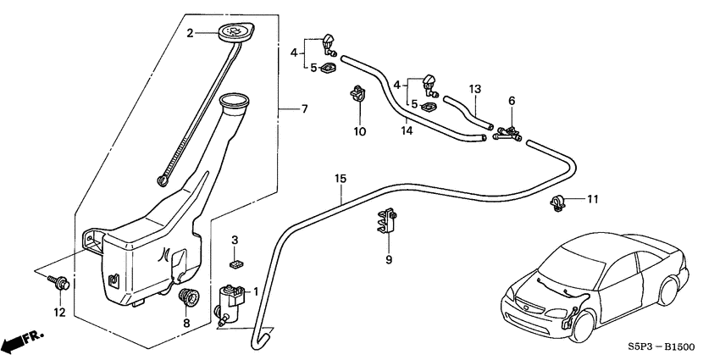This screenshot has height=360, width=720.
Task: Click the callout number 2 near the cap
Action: (x=191, y=33)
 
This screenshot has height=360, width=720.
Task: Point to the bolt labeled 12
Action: (x=62, y=284)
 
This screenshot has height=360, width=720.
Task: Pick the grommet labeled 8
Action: (x=187, y=297)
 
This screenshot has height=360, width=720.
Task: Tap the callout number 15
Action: (x=341, y=180)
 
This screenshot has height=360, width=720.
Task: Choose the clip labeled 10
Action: (x=358, y=95)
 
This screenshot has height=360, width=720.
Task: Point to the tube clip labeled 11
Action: (x=557, y=202)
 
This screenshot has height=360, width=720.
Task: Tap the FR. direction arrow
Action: (x=21, y=341)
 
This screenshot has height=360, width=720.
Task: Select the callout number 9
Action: (x=389, y=260)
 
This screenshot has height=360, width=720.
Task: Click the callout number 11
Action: (x=592, y=199)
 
